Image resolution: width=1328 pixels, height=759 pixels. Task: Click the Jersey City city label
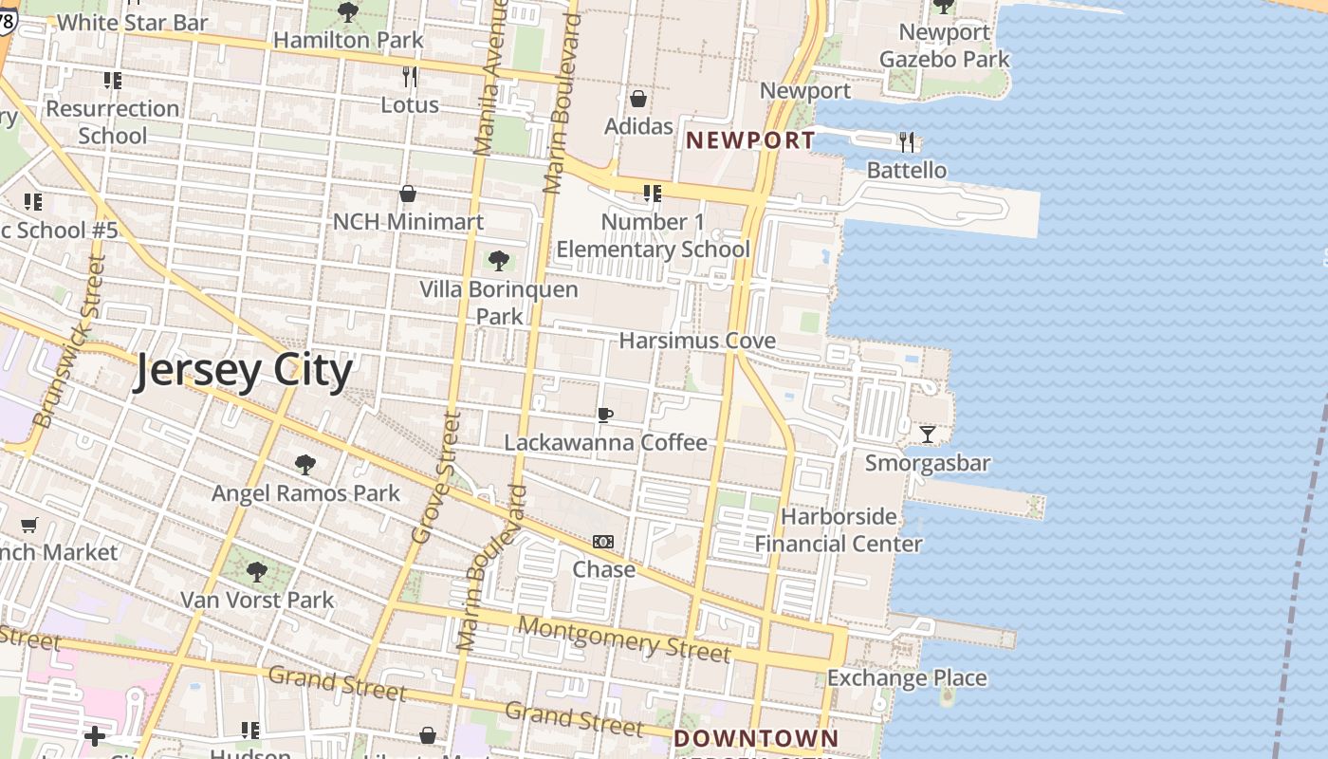point(243,371)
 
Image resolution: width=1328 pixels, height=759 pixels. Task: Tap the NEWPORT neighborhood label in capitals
point(750,140)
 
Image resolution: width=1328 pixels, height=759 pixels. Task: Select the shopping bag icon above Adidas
point(638,99)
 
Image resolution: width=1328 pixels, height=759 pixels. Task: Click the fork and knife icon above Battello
point(907,142)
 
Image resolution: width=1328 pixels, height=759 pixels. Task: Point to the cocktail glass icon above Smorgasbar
point(928,435)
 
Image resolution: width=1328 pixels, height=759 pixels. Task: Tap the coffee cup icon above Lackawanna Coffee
point(605,415)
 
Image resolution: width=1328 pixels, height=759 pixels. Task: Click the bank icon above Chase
point(603,542)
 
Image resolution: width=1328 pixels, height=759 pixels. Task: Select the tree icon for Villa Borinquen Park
point(499,261)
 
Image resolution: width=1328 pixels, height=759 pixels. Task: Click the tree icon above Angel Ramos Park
point(305,465)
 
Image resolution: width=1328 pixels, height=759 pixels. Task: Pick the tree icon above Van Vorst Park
point(257,572)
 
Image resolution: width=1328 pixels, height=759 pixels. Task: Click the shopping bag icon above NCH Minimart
point(408,194)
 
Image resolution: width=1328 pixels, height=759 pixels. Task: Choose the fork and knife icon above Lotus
point(410,76)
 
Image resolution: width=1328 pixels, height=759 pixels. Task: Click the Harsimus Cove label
point(697,341)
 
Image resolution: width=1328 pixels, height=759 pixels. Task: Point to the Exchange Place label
point(907,678)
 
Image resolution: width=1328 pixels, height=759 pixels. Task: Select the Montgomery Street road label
point(625,639)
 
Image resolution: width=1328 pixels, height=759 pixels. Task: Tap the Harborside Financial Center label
point(839,530)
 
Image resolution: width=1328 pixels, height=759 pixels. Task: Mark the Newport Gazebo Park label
point(946,46)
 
